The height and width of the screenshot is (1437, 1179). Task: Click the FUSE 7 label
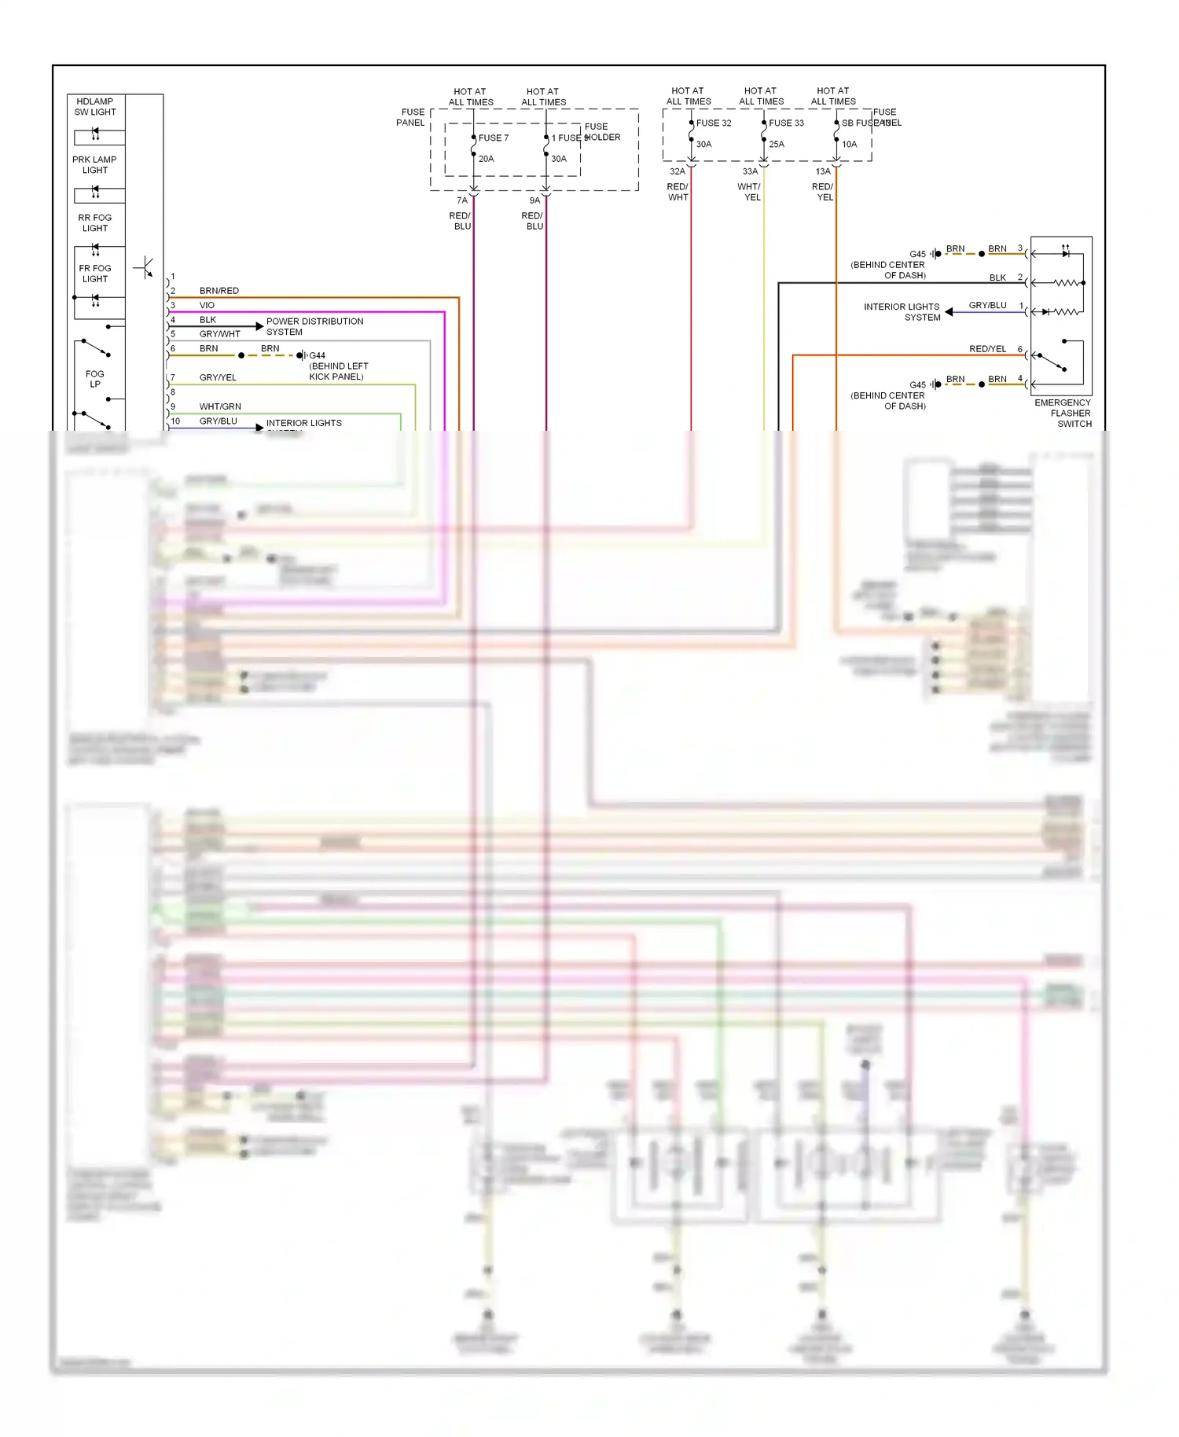pyautogui.click(x=494, y=138)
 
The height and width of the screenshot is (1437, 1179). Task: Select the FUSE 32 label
pyautogui.click(x=714, y=123)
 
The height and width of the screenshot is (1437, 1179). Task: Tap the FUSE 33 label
pyautogui.click(x=786, y=123)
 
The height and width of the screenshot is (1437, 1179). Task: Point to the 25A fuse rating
pyautogui.click(x=777, y=145)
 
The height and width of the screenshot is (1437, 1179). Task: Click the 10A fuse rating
pyautogui.click(x=850, y=145)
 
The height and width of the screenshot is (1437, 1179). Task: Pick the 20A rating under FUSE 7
pyautogui.click(x=487, y=159)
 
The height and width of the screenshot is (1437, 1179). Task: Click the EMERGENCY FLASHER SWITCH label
pyautogui.click(x=1063, y=413)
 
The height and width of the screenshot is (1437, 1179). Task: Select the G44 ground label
pyautogui.click(x=318, y=355)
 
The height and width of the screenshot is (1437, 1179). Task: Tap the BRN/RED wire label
pyautogui.click(x=219, y=291)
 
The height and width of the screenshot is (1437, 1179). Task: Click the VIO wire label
pyautogui.click(x=207, y=305)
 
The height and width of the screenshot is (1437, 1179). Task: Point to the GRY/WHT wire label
pyautogui.click(x=220, y=334)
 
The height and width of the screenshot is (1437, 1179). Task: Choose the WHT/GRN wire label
pyautogui.click(x=220, y=406)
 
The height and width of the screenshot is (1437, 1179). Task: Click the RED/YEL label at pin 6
pyautogui.click(x=987, y=349)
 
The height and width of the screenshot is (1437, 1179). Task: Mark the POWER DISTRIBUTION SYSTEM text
pyautogui.click(x=314, y=326)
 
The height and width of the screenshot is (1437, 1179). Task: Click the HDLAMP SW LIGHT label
pyautogui.click(x=95, y=107)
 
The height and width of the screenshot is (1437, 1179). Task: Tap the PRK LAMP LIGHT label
pyautogui.click(x=94, y=165)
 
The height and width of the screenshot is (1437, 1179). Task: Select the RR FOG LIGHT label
pyautogui.click(x=95, y=223)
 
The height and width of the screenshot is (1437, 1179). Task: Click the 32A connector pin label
pyautogui.click(x=678, y=171)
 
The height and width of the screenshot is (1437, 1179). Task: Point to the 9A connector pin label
pyautogui.click(x=534, y=200)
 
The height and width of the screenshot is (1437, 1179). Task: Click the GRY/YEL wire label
pyautogui.click(x=218, y=377)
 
